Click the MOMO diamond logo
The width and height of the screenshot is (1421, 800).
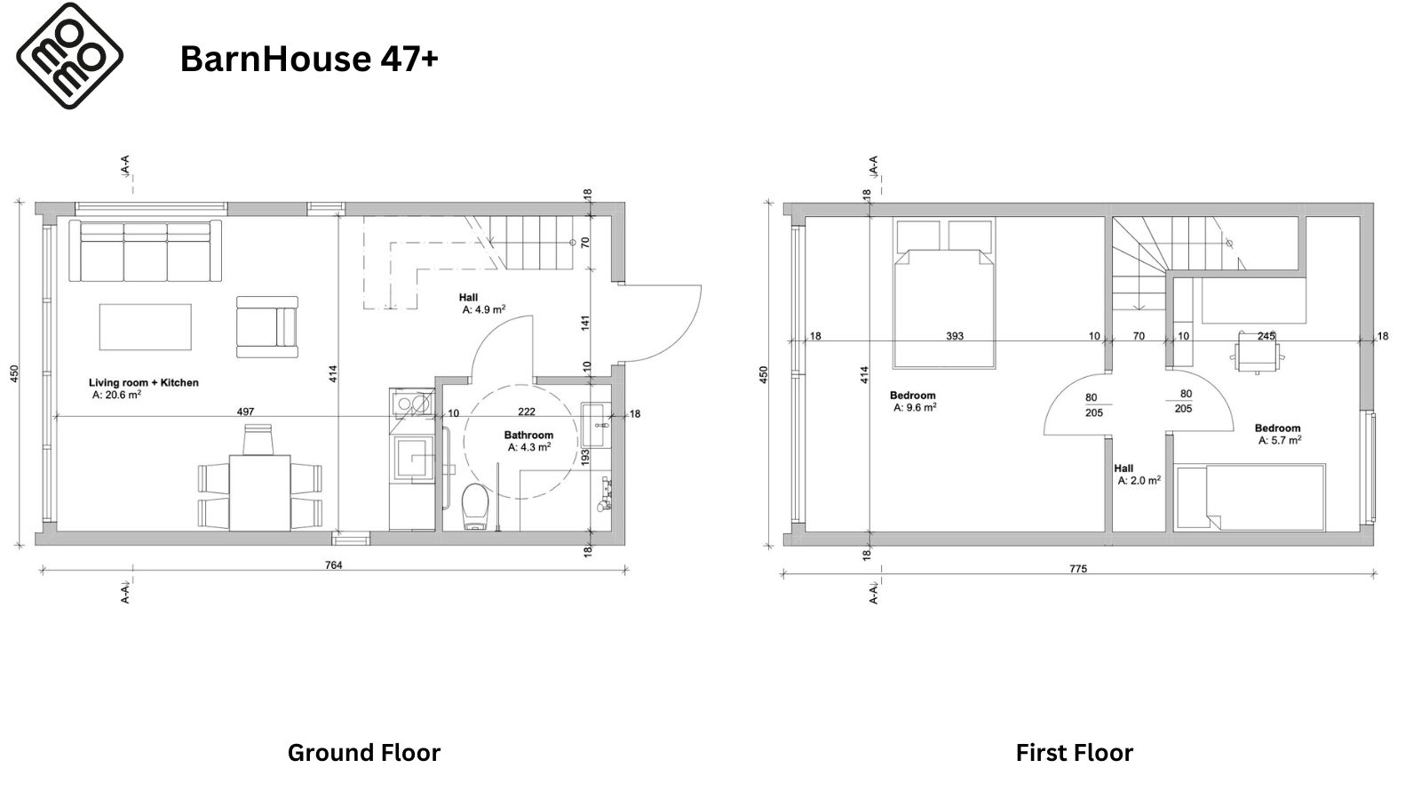70,56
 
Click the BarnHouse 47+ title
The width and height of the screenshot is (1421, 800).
309,59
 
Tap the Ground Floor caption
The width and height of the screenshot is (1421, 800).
363,753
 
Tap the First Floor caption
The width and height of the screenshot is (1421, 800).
1074,753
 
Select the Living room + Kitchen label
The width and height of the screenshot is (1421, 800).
143,383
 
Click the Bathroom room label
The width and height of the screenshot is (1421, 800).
528,435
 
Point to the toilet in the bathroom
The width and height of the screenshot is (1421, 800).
474,506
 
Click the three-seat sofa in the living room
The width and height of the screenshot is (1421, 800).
146,251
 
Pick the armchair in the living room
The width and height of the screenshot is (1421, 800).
267,327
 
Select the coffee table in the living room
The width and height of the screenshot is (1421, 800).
146,327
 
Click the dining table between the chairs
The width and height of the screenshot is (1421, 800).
259,492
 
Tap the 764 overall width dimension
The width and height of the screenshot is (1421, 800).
334,565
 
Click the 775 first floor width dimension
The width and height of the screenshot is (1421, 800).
1078,569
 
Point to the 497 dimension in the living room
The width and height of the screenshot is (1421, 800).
245,412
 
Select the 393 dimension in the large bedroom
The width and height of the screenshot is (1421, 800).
955,336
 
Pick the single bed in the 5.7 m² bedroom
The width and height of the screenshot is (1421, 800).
1250,498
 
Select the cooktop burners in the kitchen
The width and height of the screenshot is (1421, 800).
412,403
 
